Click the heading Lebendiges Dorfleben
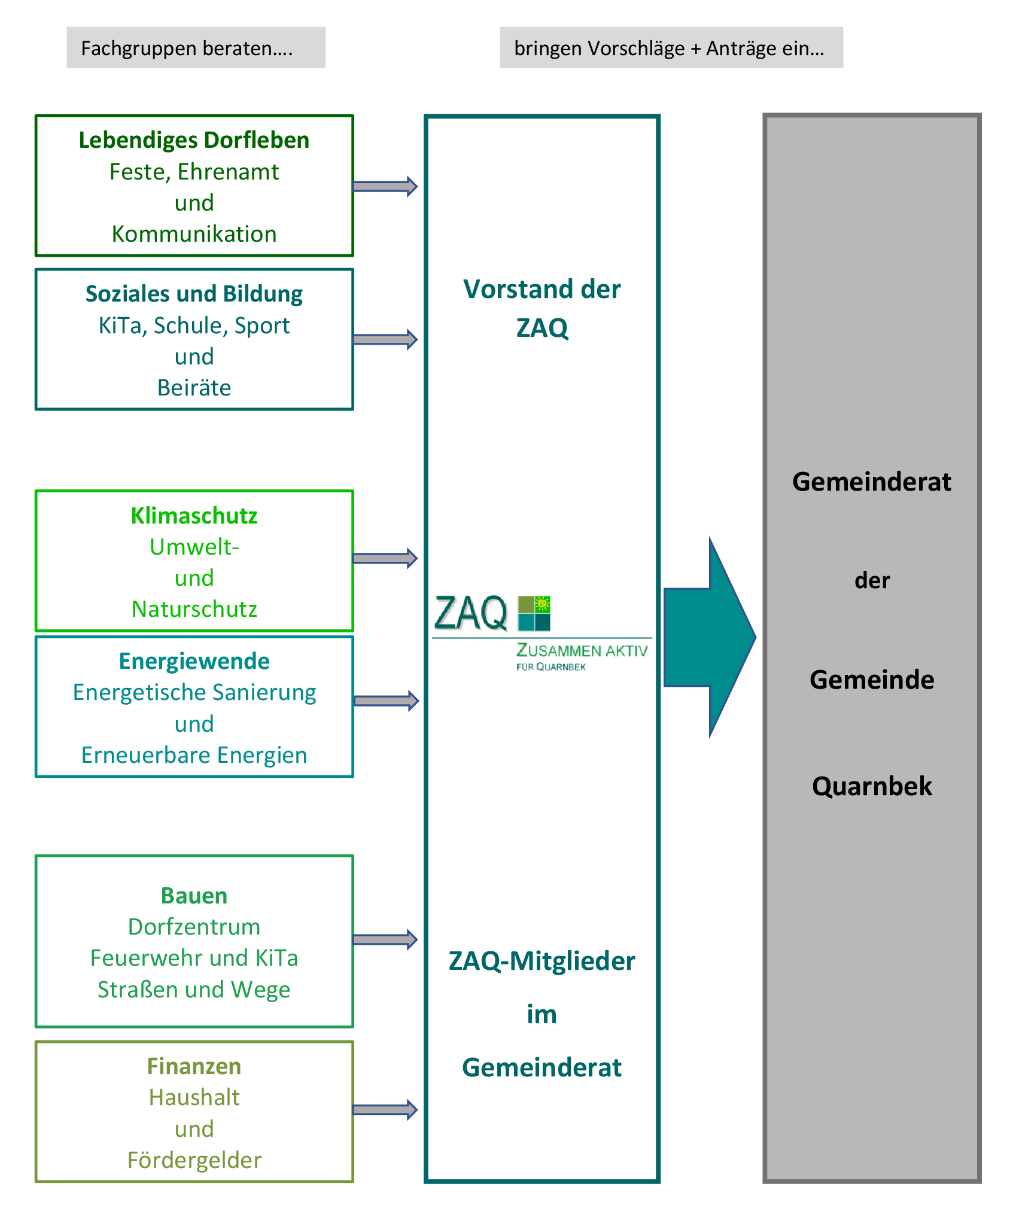[194, 141]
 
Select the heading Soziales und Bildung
[194, 294]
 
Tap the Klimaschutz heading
[194, 516]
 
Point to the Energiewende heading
[194, 662]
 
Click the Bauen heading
[194, 896]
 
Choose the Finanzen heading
[194, 1066]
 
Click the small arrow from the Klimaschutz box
[385, 558]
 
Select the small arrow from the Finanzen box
[385, 1110]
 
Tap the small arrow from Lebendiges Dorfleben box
[385, 186]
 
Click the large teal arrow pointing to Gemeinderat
[710, 638]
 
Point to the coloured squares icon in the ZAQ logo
[534, 613]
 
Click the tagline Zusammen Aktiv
[582, 650]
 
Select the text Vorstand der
[542, 289]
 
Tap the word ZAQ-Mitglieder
[542, 961]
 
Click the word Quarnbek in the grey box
[872, 786]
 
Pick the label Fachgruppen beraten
[187, 48]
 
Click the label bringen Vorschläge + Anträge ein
[670, 48]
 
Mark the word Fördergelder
[194, 1160]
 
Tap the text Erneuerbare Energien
[194, 755]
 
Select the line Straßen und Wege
[194, 990]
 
